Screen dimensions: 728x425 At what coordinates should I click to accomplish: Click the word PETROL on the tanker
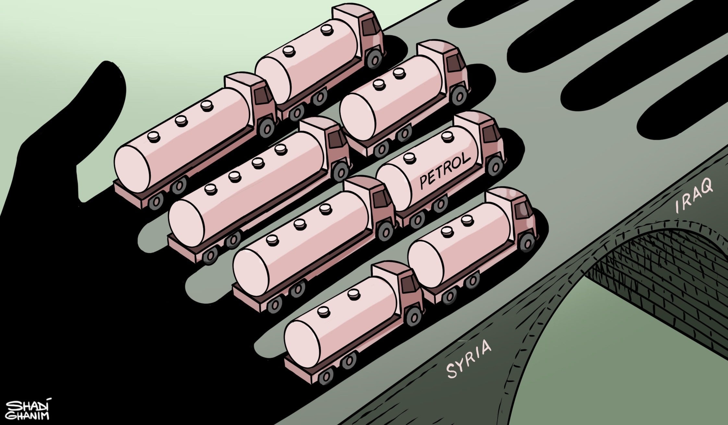coord(445,172)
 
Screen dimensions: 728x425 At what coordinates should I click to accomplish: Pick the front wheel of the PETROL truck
coord(494,166)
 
